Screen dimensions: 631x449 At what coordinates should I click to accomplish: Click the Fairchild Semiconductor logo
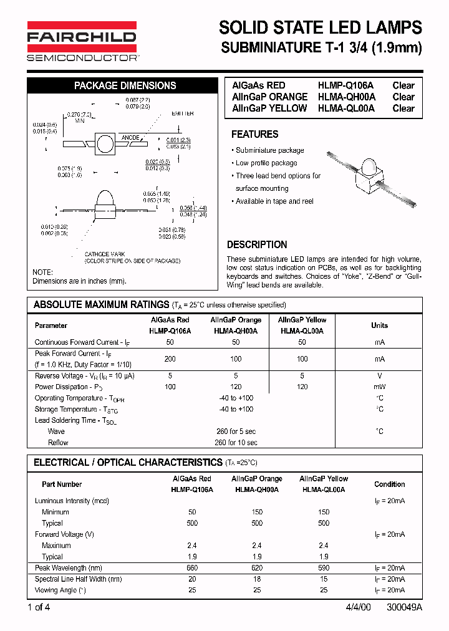(x=82, y=41)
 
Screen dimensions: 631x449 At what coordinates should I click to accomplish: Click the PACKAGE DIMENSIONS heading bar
(x=125, y=86)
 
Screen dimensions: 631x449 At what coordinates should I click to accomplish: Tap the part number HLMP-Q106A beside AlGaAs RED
(x=346, y=85)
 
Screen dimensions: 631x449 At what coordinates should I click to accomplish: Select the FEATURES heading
(x=254, y=134)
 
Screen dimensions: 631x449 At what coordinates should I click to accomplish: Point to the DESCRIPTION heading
(x=257, y=244)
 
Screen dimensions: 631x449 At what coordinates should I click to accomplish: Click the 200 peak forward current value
(x=170, y=359)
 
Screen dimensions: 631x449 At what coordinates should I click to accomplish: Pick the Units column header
(x=379, y=325)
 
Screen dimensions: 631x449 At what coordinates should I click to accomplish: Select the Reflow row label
(x=58, y=443)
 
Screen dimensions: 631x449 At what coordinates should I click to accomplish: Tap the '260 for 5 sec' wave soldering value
(x=236, y=431)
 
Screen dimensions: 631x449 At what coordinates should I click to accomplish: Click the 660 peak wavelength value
(x=192, y=568)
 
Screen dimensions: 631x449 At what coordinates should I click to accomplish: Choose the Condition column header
(x=389, y=484)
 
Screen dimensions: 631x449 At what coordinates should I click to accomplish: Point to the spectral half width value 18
(x=257, y=579)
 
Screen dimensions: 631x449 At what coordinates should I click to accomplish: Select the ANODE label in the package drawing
(x=130, y=137)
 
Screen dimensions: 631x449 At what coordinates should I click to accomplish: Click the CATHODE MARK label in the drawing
(x=105, y=254)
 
